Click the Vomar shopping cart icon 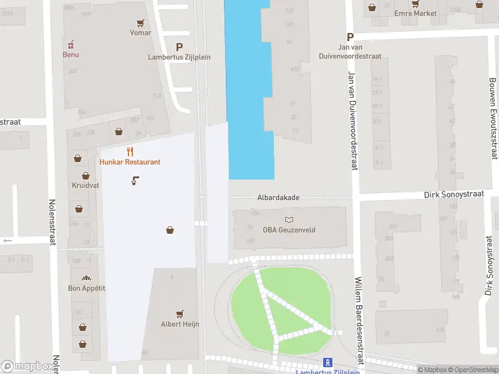coord(141,23)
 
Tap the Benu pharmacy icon coord(70,44)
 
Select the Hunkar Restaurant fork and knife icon coord(130,151)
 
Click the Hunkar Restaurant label coord(130,162)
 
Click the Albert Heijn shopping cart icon coord(180,314)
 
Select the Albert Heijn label coord(180,324)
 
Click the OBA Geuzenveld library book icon coord(289,220)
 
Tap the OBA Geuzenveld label coord(289,230)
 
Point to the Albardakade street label coord(278,198)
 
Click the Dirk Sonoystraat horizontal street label coord(453,194)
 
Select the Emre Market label coord(415,13)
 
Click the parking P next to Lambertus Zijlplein coord(180,47)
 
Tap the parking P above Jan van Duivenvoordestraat coord(351,37)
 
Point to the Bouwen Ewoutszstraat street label coord(493,118)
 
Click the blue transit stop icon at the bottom coord(327,362)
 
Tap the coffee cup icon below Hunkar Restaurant coord(135,181)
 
